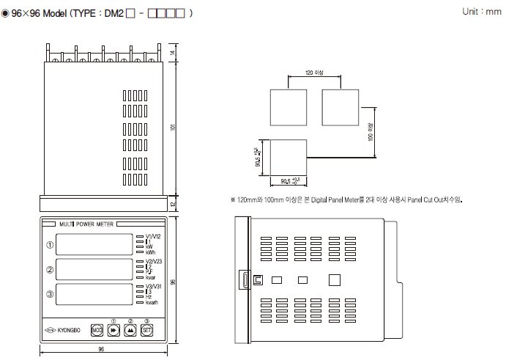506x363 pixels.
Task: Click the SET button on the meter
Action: [146, 330]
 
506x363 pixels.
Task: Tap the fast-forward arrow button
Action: [114, 330]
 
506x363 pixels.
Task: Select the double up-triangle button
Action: [130, 330]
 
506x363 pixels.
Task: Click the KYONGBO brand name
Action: [68, 330]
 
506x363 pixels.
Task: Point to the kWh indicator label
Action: [150, 252]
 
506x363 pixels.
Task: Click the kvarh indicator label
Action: [152, 302]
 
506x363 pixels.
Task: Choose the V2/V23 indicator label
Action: [153, 261]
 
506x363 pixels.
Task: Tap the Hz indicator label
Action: [149, 296]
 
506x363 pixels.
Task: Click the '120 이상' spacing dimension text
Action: [314, 71]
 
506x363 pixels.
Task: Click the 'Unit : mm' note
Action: [482, 12]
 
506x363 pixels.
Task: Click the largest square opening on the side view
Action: [335, 279]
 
